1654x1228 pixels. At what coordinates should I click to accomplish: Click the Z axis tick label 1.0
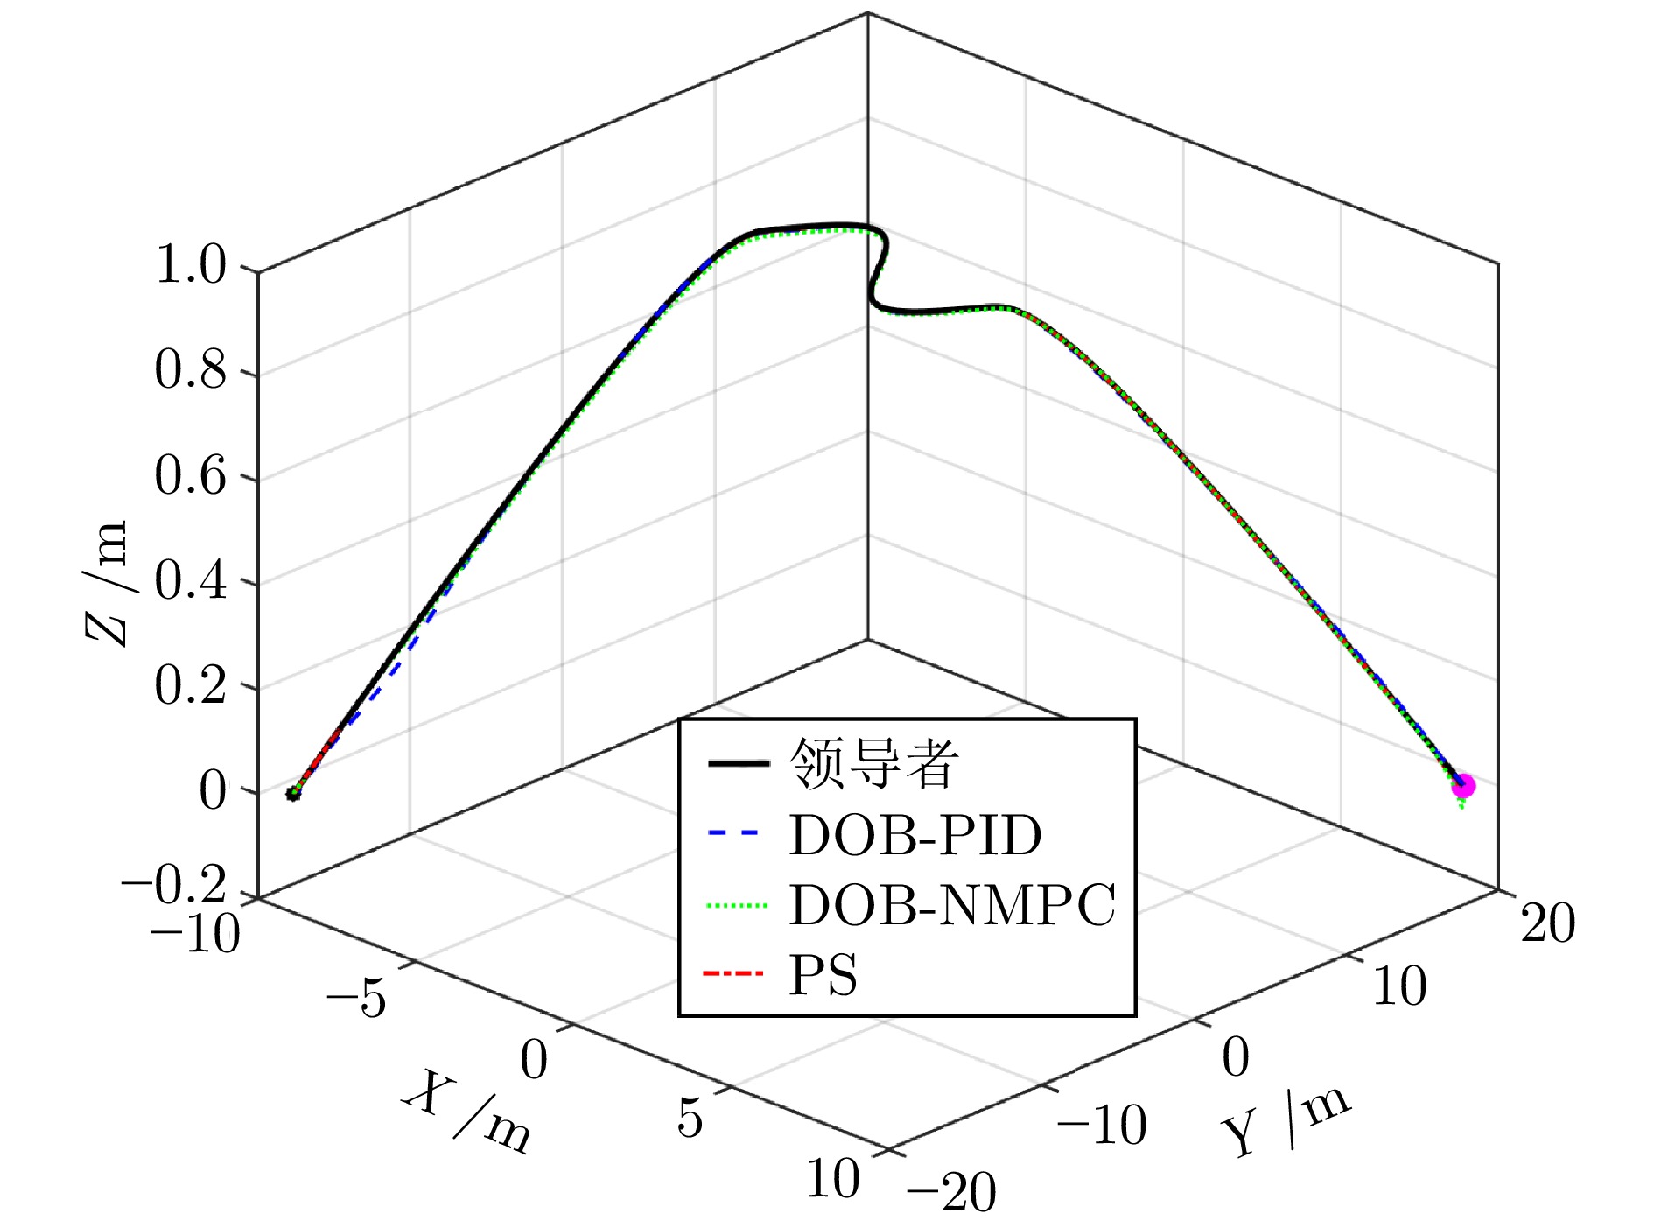[190, 264]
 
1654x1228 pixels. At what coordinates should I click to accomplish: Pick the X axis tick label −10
[195, 933]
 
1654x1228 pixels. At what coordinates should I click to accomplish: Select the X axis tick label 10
[832, 1178]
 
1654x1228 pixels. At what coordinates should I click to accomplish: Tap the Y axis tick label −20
[950, 1191]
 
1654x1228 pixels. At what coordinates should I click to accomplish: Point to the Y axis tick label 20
[1547, 923]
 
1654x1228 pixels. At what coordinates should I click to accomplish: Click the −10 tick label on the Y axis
[1101, 1124]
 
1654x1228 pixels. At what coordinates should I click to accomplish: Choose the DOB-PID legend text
[915, 835]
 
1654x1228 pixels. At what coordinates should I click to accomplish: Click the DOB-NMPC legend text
[952, 904]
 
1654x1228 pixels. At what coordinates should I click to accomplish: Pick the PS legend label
[822, 975]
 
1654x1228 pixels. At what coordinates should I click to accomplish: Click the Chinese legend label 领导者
[873, 763]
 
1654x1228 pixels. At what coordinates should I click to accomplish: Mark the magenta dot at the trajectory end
[1462, 785]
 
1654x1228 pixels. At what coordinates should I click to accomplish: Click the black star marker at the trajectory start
[293, 794]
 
